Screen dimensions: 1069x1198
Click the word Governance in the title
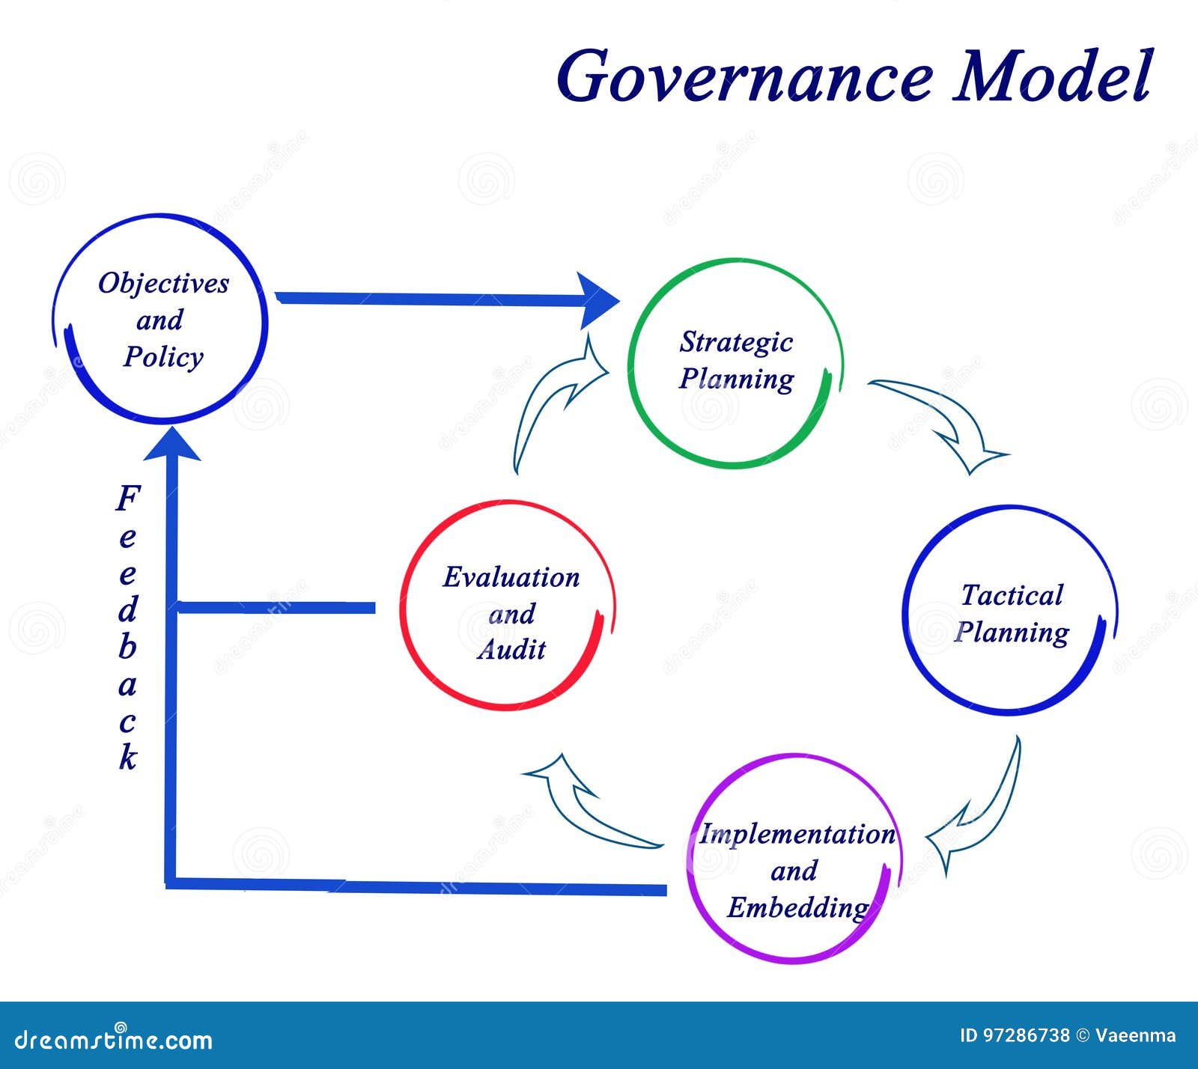[x=745, y=77]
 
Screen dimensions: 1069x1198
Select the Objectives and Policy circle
[x=162, y=320]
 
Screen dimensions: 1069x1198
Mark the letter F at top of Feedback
[x=128, y=498]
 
